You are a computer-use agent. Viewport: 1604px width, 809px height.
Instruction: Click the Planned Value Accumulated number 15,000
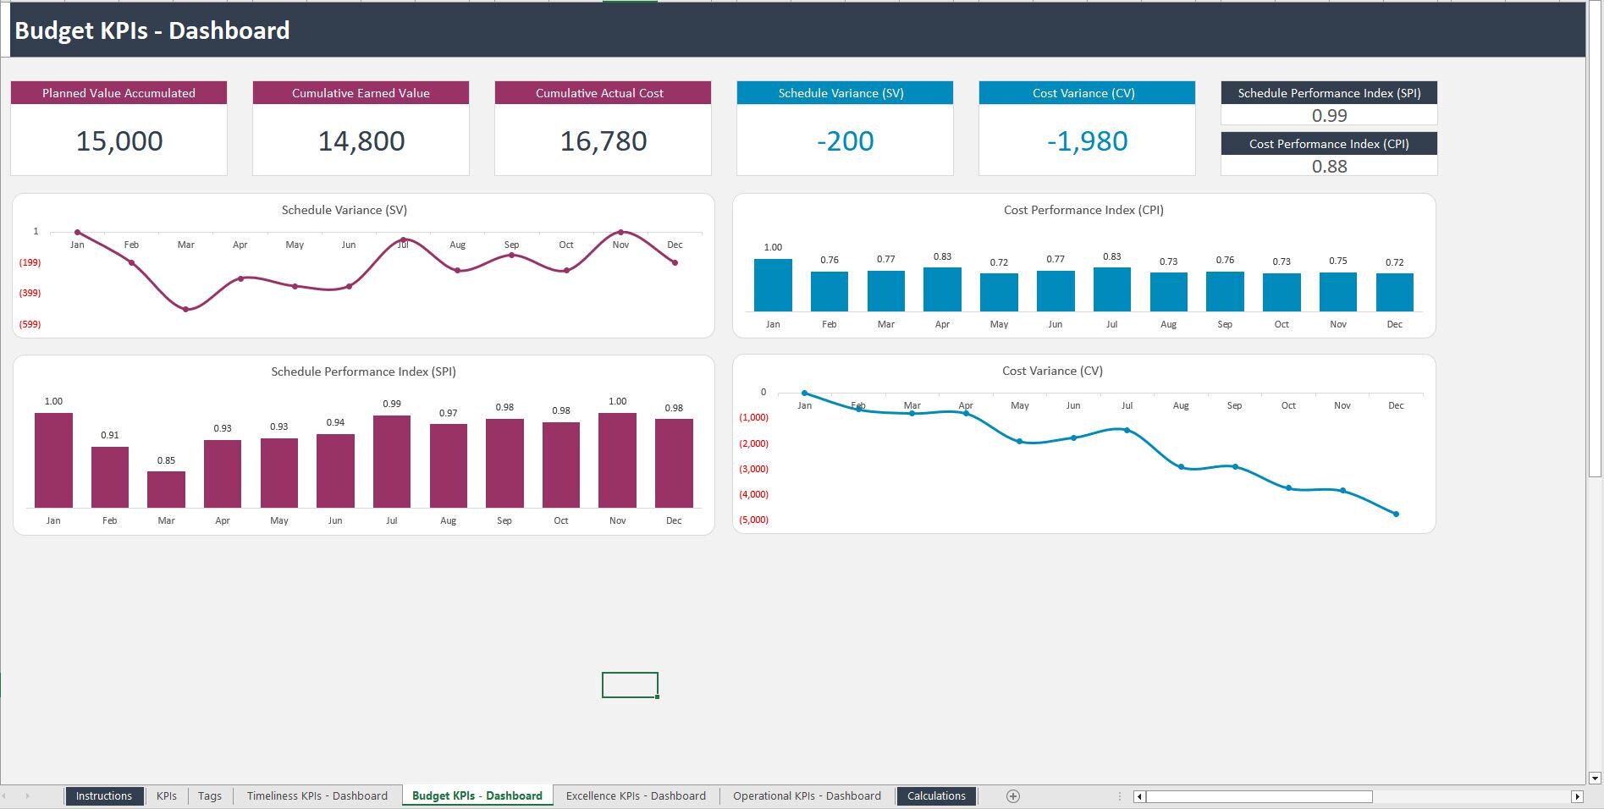[119, 141]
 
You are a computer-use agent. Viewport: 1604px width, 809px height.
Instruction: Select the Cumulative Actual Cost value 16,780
[603, 141]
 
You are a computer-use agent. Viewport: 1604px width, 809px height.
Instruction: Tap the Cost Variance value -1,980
[1087, 141]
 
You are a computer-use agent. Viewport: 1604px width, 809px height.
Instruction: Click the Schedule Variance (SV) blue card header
[844, 93]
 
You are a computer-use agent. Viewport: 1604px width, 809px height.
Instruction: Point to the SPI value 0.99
[1329, 116]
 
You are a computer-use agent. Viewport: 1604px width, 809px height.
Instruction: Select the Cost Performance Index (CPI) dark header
[1329, 144]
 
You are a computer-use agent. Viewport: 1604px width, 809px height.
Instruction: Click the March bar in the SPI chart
[166, 490]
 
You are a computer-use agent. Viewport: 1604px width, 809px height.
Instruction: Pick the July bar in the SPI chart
[391, 462]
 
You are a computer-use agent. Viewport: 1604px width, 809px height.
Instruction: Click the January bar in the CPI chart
[773, 285]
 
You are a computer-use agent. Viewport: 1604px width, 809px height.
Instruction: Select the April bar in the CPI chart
[942, 289]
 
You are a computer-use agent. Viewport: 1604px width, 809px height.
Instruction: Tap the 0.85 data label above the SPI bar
[166, 461]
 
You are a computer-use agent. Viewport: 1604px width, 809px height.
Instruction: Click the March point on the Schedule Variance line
[186, 310]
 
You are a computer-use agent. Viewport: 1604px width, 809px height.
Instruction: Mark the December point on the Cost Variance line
[1396, 514]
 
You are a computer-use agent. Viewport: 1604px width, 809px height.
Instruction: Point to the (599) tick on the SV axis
[30, 324]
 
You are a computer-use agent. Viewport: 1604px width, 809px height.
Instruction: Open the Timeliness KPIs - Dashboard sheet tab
[317, 795]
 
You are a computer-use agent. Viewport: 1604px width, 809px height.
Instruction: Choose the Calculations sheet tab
[936, 795]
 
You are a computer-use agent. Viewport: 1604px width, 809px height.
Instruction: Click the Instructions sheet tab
[103, 795]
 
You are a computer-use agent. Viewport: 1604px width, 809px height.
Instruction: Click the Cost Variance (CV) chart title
[1052, 371]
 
